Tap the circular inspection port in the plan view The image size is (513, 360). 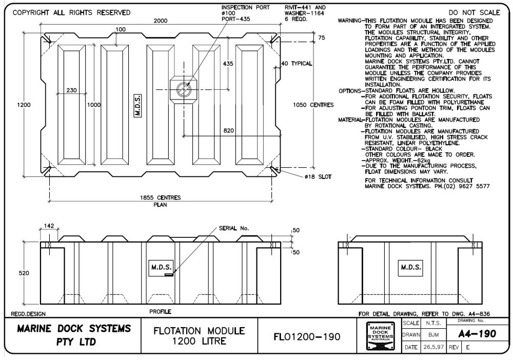tap(184, 89)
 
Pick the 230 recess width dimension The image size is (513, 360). tap(72, 90)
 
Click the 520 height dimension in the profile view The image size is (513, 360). tap(24, 273)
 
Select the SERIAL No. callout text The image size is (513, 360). tap(233, 228)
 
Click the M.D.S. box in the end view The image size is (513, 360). tap(411, 267)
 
